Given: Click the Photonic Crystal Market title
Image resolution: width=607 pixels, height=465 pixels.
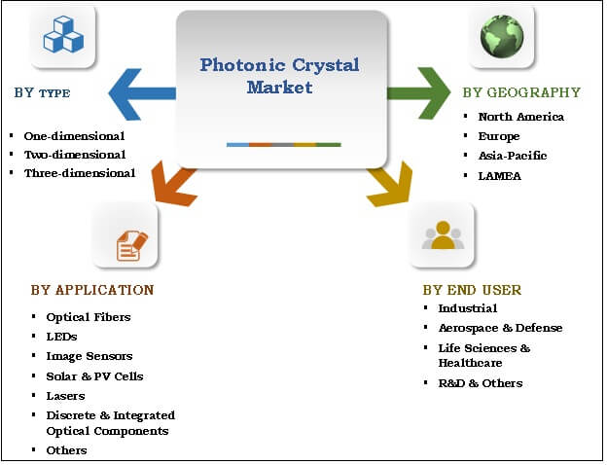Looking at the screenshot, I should (279, 76).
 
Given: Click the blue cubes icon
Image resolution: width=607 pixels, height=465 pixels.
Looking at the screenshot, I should (63, 34).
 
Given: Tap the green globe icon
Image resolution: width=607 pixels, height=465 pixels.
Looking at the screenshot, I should (502, 34).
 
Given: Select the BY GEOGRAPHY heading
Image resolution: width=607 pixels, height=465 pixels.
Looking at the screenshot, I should (520, 93).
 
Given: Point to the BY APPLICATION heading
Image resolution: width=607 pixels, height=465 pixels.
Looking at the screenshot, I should (91, 290).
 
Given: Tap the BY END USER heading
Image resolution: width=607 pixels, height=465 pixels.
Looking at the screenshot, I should (472, 290).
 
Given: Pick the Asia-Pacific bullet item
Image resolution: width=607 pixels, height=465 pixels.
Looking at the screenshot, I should (512, 156).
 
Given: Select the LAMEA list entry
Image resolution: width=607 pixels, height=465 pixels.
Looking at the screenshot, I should (499, 175).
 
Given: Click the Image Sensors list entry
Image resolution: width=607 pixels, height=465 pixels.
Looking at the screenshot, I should (89, 356).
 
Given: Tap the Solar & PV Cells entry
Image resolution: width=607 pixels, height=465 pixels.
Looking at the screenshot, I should (94, 376).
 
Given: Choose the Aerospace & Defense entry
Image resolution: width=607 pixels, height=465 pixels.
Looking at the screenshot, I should (500, 328).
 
